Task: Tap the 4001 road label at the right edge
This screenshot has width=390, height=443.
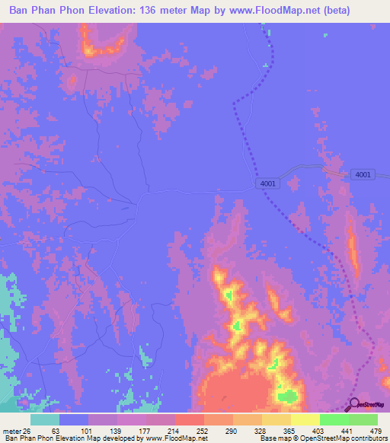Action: click(363, 175)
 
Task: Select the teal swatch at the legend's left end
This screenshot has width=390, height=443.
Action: click(45, 419)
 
